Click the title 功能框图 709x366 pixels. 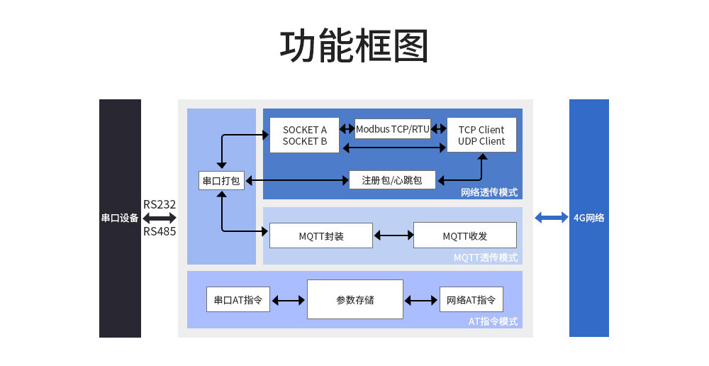(x=354, y=47)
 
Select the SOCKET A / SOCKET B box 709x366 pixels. (x=305, y=135)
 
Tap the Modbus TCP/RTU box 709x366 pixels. (x=393, y=129)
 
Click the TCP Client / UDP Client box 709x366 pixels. (x=481, y=135)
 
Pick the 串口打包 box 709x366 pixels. (x=221, y=181)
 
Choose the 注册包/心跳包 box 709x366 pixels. (x=392, y=180)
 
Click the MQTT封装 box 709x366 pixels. (x=321, y=235)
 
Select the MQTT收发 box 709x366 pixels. (x=465, y=235)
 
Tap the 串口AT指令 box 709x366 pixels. (x=238, y=299)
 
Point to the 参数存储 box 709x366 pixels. (x=355, y=299)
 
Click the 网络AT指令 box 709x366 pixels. (x=471, y=299)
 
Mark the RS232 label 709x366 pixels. (x=160, y=204)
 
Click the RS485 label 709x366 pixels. (x=160, y=231)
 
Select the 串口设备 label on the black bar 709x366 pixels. (x=120, y=218)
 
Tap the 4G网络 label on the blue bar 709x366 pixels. (x=589, y=218)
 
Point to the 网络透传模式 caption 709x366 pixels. (x=489, y=192)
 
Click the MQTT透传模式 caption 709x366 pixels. (x=486, y=257)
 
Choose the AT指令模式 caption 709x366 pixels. (x=493, y=321)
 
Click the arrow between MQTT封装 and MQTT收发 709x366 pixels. (x=393, y=235)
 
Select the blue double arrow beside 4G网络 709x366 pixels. (x=551, y=218)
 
